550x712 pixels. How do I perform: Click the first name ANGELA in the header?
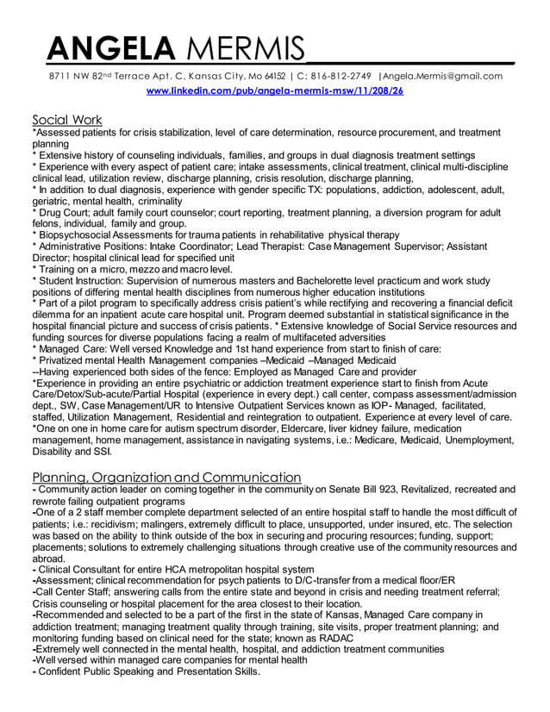103,47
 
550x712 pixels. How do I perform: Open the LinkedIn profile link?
275,91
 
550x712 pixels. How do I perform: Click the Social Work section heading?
67,119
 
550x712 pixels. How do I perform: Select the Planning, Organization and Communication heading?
166,477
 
